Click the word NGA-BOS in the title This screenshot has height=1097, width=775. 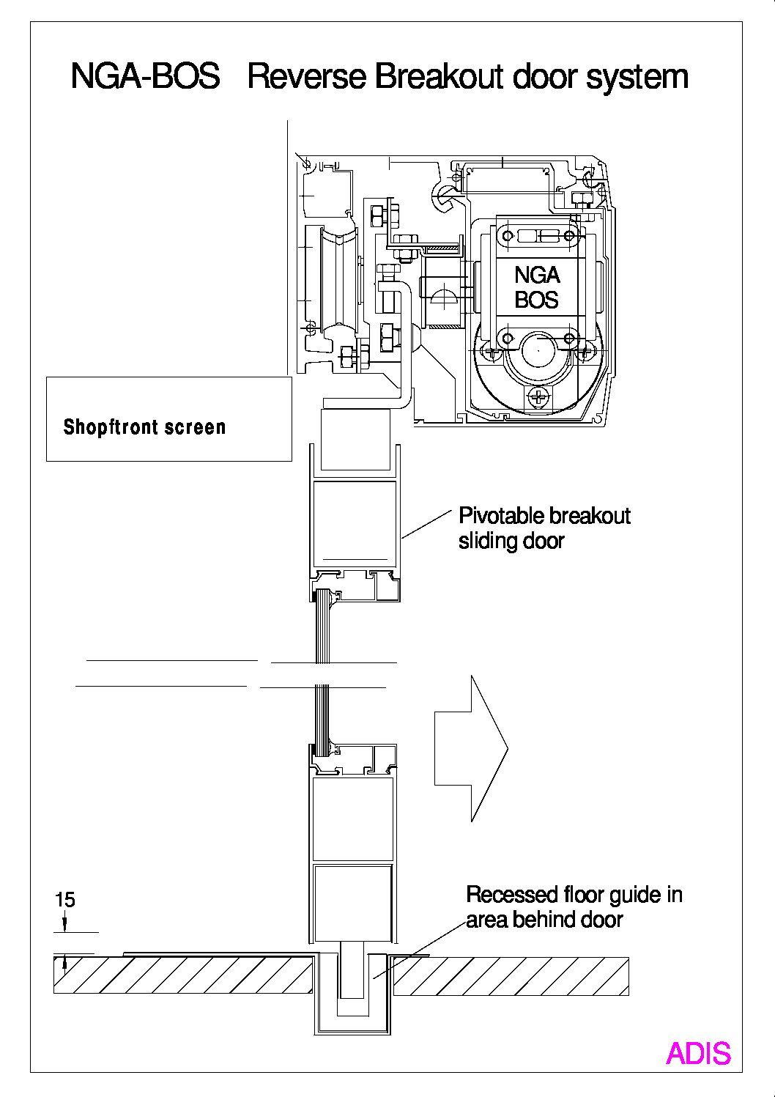(x=145, y=77)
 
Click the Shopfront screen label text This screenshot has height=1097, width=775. (x=145, y=427)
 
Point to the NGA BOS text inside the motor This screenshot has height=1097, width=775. (x=537, y=287)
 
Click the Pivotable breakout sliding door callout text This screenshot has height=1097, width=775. (x=544, y=528)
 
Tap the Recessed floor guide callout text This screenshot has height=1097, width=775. (x=574, y=906)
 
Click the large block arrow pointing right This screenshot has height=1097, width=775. (x=471, y=748)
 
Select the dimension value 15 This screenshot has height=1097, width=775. (x=65, y=899)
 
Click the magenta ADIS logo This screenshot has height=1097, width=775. (x=698, y=1053)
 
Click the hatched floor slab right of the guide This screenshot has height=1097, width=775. (x=511, y=975)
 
